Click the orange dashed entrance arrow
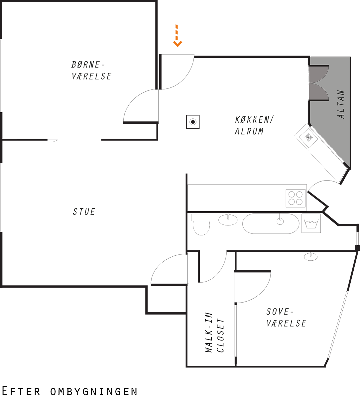[177, 36]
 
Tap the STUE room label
[84, 211]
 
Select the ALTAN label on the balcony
[341, 105]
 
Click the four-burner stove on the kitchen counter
[296, 198]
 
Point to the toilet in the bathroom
[201, 224]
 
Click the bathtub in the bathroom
[271, 223]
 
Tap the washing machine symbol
[311, 223]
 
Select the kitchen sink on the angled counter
[308, 137]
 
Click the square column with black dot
[193, 122]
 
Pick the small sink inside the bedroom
[311, 256]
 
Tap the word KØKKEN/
[254, 120]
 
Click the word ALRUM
[249, 131]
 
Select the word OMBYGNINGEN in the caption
[94, 392]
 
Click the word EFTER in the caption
[21, 391]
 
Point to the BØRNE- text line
[88, 65]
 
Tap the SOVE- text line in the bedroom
[280, 312]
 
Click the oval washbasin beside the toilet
[228, 220]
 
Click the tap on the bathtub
[280, 219]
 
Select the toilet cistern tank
[201, 217]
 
